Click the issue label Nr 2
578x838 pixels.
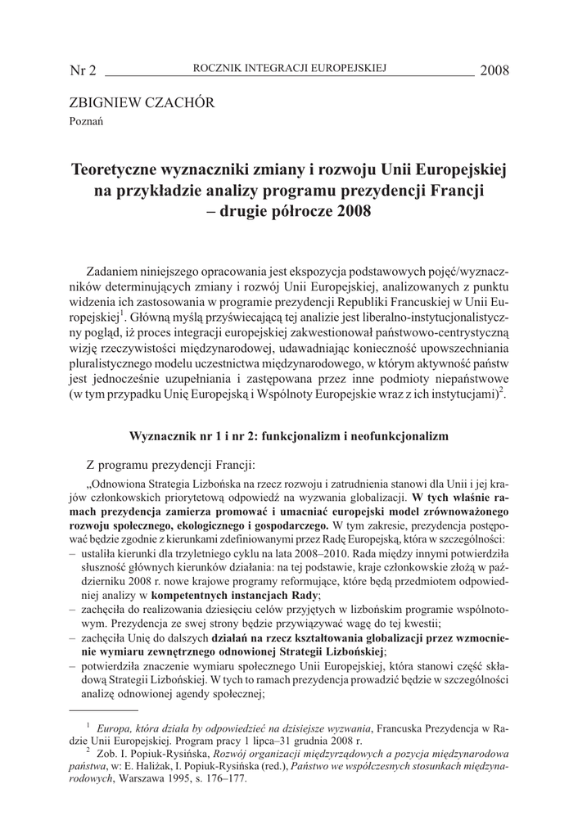point(84,70)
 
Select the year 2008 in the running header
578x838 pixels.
point(494,70)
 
